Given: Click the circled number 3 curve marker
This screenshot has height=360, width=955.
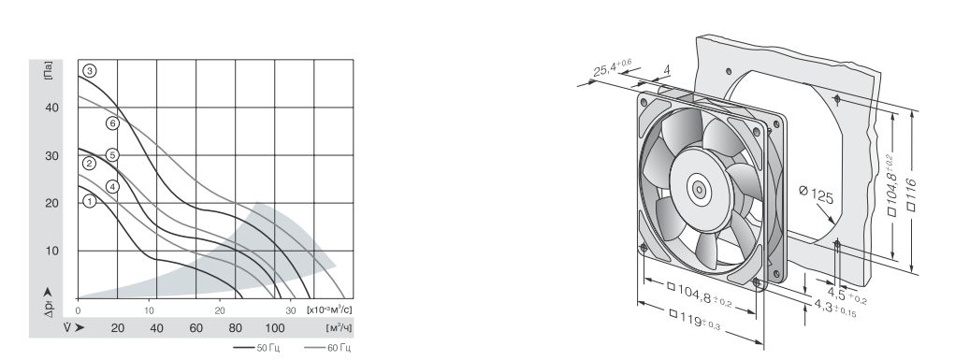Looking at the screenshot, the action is coord(90,71).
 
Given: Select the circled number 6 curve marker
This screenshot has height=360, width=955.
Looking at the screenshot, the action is coord(112,123).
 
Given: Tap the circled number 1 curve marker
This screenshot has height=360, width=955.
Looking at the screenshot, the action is coord(90,200).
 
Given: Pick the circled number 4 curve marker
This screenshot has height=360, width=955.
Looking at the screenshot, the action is coord(112,186).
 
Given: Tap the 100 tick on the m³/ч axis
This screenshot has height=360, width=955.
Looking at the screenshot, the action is coord(275,328).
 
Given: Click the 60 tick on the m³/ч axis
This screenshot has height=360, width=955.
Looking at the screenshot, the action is coord(196,328).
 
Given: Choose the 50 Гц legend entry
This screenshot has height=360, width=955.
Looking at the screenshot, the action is coord(258,348).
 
